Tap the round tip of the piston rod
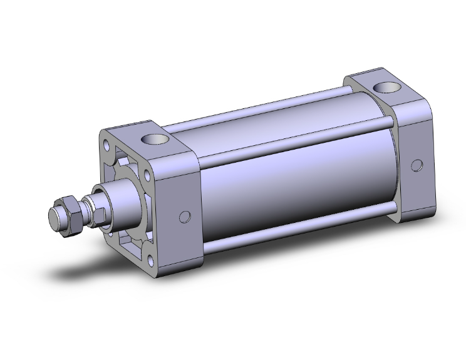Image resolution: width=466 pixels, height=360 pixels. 54,217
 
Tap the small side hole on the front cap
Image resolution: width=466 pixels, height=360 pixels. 184,217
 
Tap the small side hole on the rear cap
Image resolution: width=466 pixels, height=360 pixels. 417,165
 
